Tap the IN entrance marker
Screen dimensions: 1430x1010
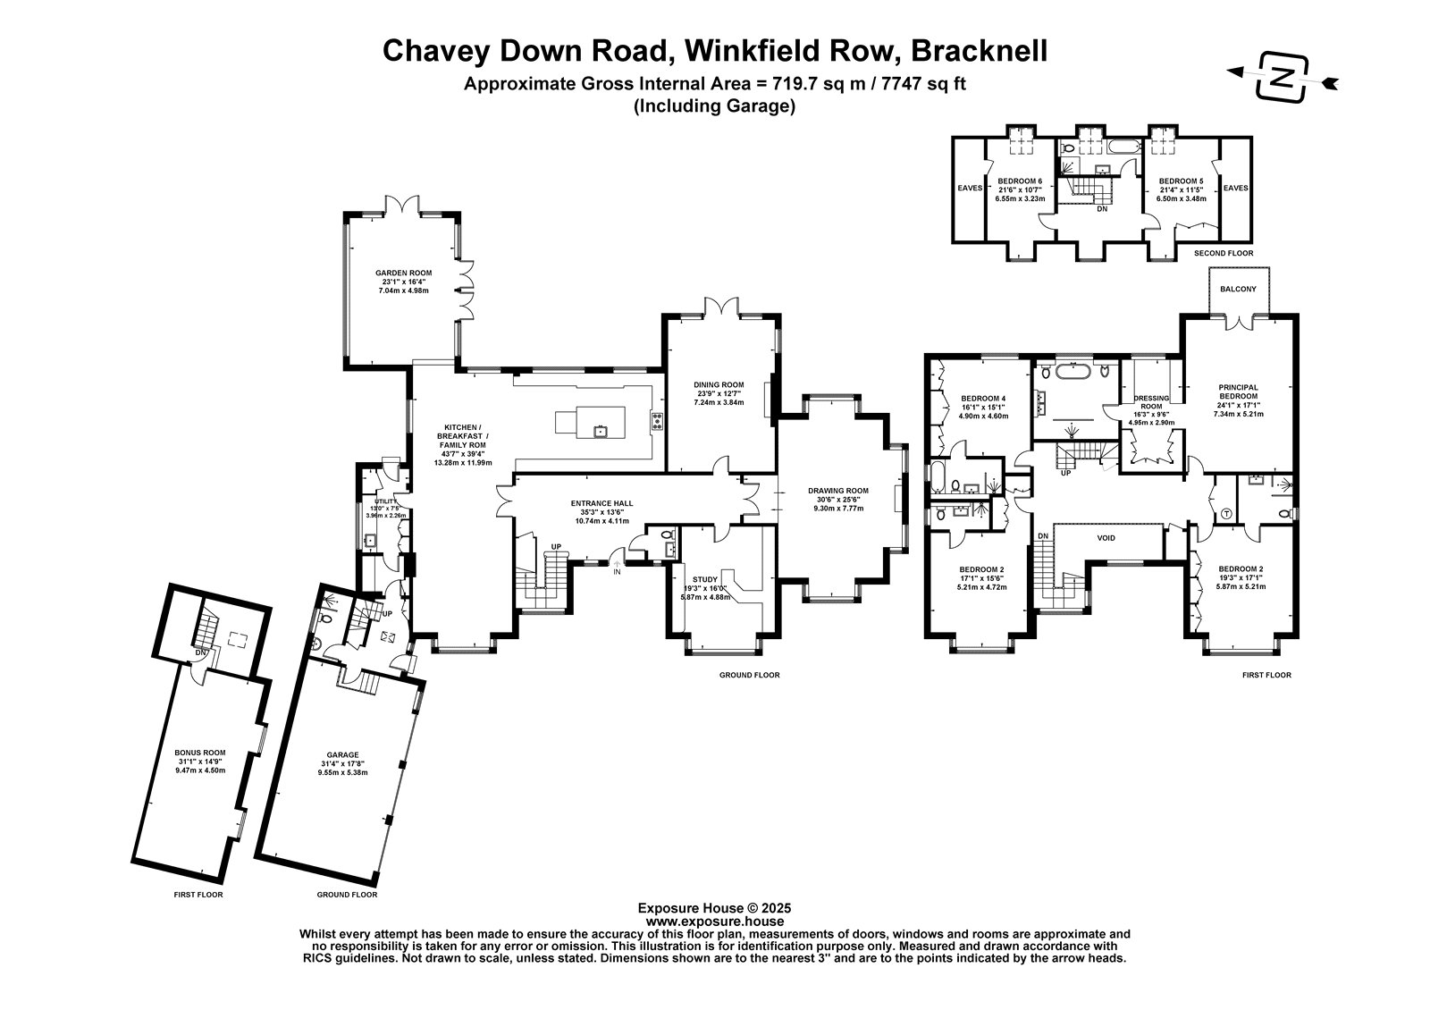click(617, 571)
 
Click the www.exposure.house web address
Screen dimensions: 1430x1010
click(714, 921)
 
